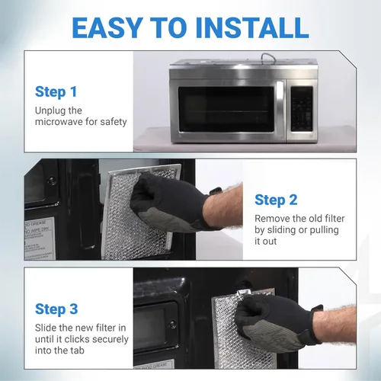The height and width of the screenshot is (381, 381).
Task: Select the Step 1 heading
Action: [56, 92]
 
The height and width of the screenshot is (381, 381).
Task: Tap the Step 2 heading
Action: [276, 200]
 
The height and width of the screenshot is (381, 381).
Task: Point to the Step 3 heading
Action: [56, 309]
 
